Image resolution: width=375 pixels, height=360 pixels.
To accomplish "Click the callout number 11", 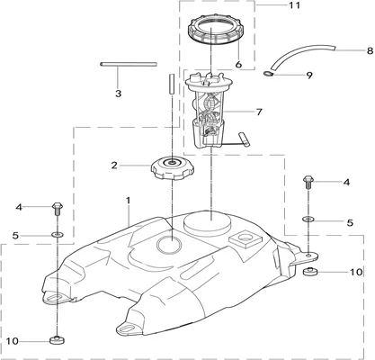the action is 294,5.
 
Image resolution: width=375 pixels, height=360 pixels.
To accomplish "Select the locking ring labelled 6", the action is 216,31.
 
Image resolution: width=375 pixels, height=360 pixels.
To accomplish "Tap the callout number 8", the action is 370,50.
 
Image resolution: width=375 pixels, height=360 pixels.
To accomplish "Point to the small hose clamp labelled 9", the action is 268,74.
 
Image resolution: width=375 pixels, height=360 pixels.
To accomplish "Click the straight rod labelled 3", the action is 129,64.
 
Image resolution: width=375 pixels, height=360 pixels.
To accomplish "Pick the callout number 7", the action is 259,112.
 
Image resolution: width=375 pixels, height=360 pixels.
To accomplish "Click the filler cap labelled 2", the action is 173,170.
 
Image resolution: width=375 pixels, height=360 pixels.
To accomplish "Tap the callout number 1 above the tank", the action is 129,201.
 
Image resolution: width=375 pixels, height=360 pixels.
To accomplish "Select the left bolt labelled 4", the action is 58,210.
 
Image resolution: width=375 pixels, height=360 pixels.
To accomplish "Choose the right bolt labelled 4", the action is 308,182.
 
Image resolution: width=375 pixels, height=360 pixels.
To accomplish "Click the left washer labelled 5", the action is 58,234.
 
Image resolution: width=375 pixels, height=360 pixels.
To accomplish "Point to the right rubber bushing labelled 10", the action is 311,271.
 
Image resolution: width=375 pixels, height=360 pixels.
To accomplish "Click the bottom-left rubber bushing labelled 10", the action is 57,340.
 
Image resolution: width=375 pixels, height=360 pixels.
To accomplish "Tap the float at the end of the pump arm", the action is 244,139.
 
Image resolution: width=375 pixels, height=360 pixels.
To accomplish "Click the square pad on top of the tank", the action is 245,239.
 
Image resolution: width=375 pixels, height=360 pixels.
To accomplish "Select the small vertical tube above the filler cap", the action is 172,84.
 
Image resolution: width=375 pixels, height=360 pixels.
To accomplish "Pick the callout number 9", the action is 308,75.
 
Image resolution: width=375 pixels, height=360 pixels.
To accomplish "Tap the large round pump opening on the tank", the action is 208,225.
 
